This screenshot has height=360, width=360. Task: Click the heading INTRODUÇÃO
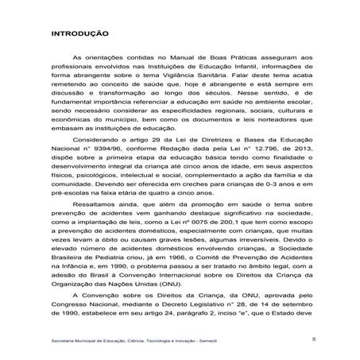pos(80,36)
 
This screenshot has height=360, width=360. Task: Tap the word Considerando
pos(99,135)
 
